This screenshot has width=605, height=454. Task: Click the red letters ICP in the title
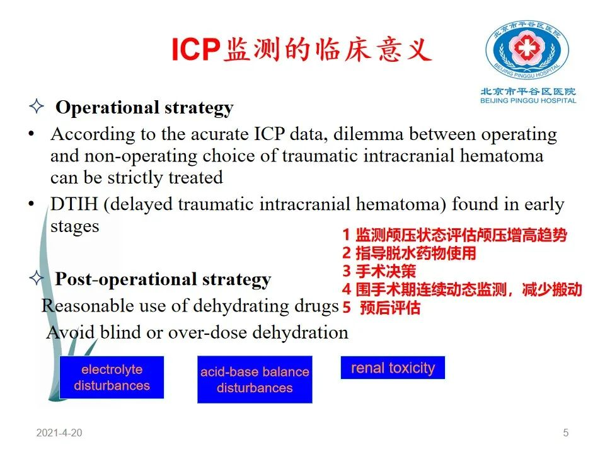click(195, 49)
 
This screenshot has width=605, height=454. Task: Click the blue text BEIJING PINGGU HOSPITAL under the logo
click(528, 101)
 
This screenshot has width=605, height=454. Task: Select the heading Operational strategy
click(144, 108)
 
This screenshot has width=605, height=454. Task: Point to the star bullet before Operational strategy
click(37, 106)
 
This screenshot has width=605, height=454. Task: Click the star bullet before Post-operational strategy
click(37, 277)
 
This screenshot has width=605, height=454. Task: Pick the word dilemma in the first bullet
click(368, 134)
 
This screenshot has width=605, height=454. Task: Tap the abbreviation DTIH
click(74, 204)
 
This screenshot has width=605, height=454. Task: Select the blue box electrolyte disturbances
click(112, 377)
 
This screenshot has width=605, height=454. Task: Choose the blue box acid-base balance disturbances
click(255, 380)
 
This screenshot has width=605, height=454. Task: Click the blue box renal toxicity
click(393, 368)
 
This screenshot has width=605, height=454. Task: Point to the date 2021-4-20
click(59, 433)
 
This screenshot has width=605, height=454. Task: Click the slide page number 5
click(566, 433)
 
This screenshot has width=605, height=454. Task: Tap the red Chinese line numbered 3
click(379, 271)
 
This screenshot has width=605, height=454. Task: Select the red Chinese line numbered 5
click(381, 308)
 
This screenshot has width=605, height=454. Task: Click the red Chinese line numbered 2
click(409, 253)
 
